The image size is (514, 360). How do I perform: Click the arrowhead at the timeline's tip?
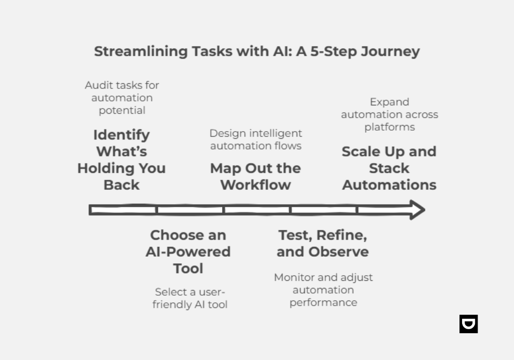point(417,210)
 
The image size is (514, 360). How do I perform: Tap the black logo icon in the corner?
point(468,324)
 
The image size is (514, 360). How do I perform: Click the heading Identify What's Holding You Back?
point(122,159)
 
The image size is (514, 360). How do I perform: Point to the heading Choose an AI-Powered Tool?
point(188,251)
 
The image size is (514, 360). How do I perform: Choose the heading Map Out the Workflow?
point(255,176)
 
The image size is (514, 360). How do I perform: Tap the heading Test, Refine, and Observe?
point(323,243)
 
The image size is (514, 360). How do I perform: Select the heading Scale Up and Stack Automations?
point(389,168)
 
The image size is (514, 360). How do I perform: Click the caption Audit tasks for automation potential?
point(122,98)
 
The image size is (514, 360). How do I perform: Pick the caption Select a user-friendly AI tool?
point(190,298)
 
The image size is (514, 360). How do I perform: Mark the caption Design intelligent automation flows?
point(255,139)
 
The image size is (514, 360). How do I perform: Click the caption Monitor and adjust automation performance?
point(323,290)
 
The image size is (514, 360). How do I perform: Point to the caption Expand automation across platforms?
point(389,114)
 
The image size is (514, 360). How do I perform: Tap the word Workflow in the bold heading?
point(255,185)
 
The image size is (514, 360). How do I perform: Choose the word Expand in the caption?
point(390,102)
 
